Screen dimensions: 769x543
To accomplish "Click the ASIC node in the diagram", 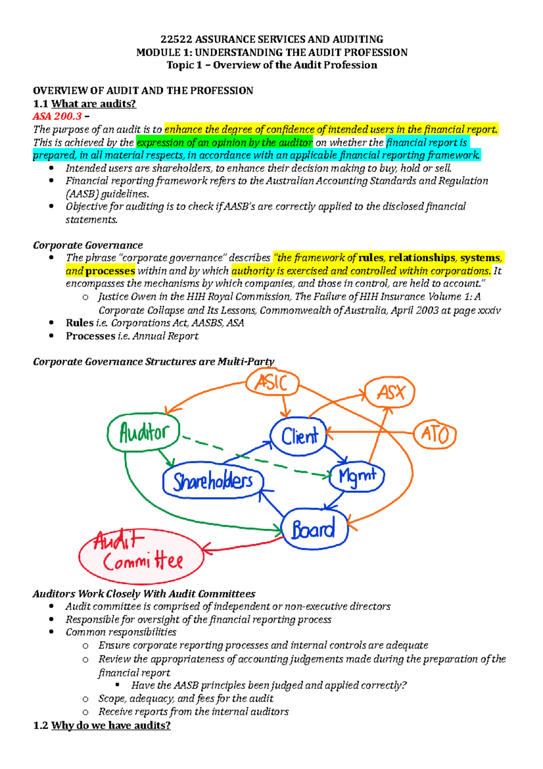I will tap(272, 383).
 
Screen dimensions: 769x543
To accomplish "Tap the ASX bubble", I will tap(390, 392).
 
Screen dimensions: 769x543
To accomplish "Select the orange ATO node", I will tap(435, 435).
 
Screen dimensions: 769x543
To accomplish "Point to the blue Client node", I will tap(299, 437).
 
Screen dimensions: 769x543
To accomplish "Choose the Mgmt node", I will tap(357, 476).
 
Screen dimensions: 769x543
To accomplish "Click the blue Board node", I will tap(314, 529).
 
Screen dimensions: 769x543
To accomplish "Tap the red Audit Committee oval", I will tap(141, 556).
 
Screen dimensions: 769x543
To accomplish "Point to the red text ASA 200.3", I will tap(57, 116).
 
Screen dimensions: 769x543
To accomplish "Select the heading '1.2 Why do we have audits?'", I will tap(102, 726).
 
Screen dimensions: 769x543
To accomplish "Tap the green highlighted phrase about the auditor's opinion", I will tap(224, 143).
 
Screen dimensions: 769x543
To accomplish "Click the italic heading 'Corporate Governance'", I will tap(88, 245).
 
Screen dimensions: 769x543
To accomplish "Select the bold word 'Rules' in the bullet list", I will tap(80, 323).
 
